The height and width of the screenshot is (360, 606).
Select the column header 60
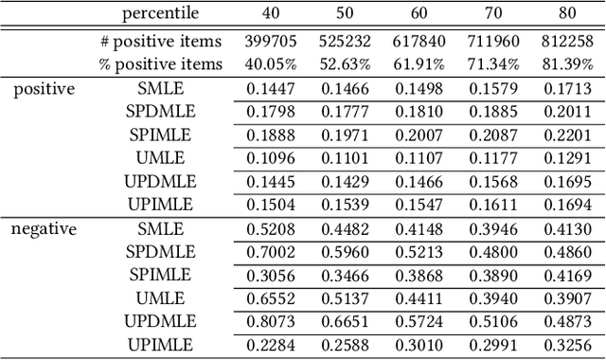419,14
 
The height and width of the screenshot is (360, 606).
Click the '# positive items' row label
161,42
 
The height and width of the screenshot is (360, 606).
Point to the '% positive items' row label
161,64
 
